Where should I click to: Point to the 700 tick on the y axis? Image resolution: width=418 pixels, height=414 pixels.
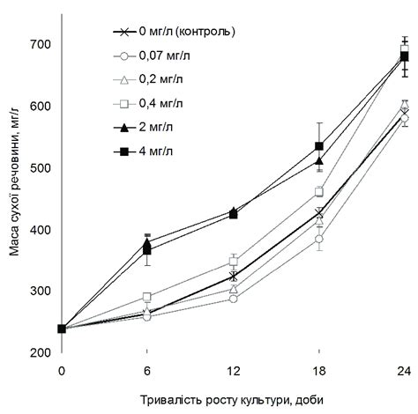[x=41, y=44]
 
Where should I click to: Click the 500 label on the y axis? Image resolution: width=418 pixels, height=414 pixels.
[x=41, y=167]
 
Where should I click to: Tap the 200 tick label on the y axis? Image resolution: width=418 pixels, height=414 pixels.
[x=41, y=353]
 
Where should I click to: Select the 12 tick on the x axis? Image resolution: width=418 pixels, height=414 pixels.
[x=233, y=370]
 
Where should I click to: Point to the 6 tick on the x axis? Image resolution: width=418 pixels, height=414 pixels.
[x=147, y=370]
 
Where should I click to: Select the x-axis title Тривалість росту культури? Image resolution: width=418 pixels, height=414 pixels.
[x=232, y=397]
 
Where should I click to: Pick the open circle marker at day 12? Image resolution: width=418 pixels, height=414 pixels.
[x=233, y=299]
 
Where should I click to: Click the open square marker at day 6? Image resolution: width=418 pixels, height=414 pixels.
[x=147, y=297]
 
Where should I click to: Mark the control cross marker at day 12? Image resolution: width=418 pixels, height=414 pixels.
[x=233, y=277]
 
